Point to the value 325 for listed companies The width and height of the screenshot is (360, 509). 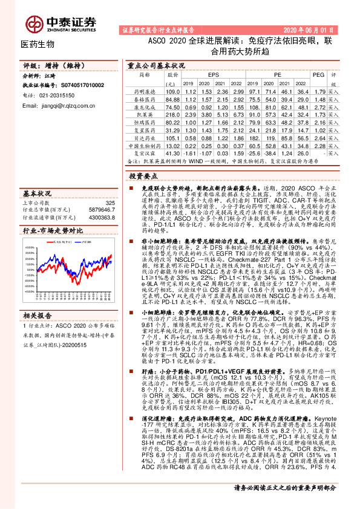110,203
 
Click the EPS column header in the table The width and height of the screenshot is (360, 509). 214,75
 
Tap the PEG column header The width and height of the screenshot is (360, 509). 318,75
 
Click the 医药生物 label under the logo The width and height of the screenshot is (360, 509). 38,44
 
